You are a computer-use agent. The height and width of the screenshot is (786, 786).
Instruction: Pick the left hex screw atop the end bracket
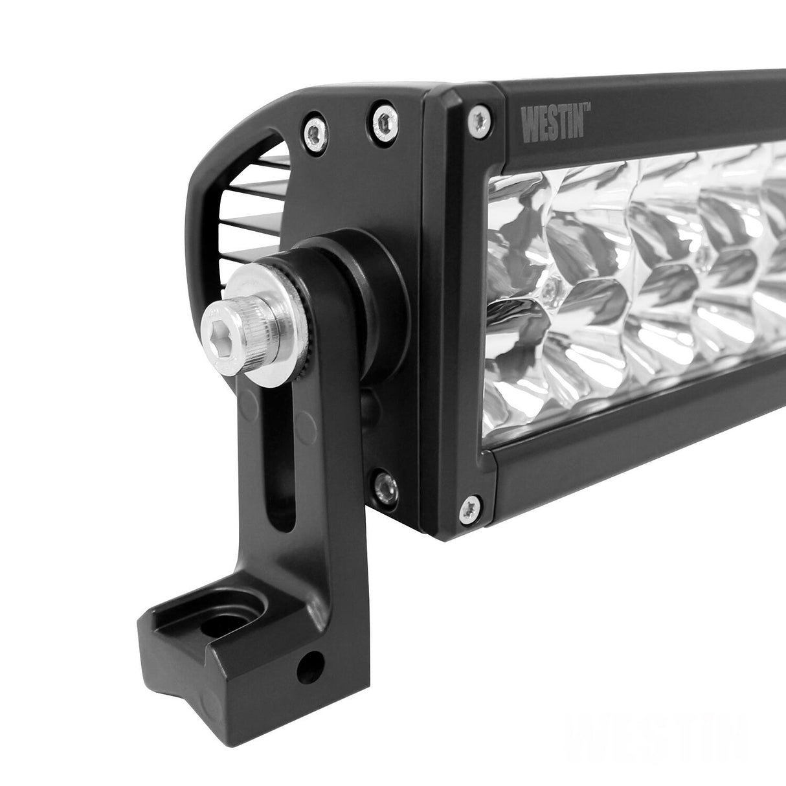314,131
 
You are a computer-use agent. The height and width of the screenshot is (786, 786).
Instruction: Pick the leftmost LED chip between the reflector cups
548,286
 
